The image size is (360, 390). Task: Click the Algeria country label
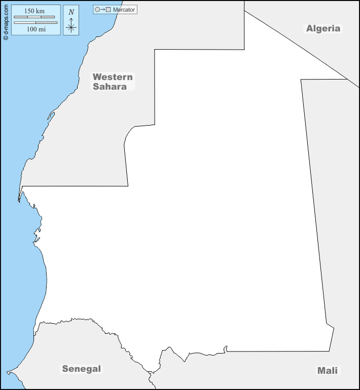point(323,28)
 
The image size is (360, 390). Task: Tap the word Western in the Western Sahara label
point(113,77)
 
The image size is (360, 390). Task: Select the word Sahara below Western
point(110,86)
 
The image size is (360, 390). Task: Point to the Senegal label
point(82,369)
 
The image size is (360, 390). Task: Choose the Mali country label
point(327,370)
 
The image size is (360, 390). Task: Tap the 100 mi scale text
point(36,30)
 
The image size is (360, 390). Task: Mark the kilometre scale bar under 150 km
point(34,17)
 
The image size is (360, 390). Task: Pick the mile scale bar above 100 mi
point(35,23)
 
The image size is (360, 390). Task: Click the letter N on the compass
point(71,12)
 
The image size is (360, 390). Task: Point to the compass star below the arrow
point(71,28)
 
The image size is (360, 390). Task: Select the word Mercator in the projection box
point(124,10)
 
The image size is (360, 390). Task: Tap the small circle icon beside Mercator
point(97,10)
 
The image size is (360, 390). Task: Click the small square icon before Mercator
point(108,10)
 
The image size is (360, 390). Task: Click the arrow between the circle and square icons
point(102,10)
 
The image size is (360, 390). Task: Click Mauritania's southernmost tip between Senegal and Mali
point(150,372)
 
